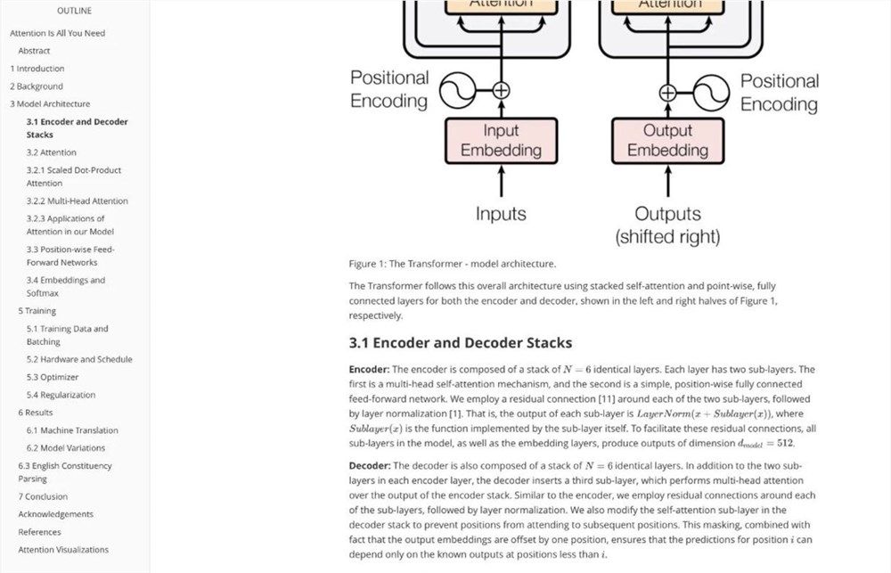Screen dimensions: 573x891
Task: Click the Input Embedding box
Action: point(501,141)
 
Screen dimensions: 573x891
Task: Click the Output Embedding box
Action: point(667,141)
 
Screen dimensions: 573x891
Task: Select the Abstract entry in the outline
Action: point(34,51)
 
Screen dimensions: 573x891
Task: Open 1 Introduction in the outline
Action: point(37,69)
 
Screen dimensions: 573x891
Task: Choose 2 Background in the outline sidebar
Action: point(37,86)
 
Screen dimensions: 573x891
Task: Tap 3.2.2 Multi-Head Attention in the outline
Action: point(77,201)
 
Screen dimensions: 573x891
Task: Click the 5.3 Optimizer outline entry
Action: point(53,377)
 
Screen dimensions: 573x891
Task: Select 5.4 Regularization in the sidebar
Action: point(61,395)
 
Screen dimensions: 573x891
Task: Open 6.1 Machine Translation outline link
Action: point(72,430)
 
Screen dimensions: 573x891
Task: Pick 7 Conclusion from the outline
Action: point(43,496)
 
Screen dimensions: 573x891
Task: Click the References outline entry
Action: point(39,532)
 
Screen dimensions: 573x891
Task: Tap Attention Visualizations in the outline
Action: point(63,550)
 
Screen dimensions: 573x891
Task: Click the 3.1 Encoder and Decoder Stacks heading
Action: point(460,343)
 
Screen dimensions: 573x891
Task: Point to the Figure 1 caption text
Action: point(452,264)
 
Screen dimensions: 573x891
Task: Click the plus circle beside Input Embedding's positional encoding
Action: point(501,90)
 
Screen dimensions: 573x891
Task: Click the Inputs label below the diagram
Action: point(501,214)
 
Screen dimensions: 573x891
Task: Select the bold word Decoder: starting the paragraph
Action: point(370,465)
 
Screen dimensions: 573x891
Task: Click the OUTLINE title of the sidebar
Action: point(74,11)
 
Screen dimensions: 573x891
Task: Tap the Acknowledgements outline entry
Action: point(56,514)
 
